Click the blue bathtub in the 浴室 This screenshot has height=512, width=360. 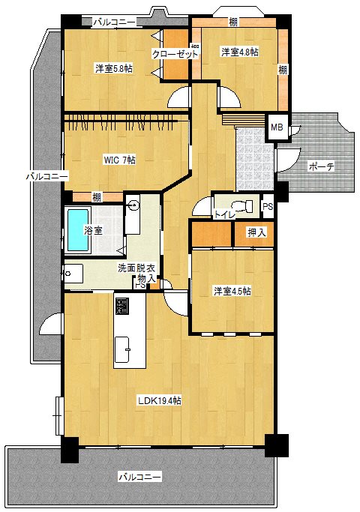pos(78,230)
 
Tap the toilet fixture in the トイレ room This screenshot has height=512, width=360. pos(242,205)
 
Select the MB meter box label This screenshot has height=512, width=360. pos(277,127)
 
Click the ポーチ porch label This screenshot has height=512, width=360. pos(321,166)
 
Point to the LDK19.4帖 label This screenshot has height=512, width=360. pos(160,400)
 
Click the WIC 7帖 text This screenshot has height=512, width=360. pos(119,160)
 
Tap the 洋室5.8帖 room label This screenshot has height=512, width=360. pos(114,68)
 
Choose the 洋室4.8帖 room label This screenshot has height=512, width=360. pos(240,52)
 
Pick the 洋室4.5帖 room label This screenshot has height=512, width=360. pos(232,291)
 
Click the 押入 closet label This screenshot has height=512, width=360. pos(256,232)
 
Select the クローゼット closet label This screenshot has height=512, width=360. pos(175,54)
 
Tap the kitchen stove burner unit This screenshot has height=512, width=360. pos(121,306)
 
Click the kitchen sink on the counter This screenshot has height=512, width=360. pos(122,349)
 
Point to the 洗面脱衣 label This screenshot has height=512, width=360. pos(136,268)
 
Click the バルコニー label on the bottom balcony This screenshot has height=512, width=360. pos(139,477)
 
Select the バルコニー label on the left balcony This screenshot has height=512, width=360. pos(47,177)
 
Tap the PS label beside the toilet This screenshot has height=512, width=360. pos(268,207)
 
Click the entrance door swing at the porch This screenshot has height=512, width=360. pos(289,160)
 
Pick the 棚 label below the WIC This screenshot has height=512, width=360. pos(96,197)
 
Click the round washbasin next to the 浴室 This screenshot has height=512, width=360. pos(133,205)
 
